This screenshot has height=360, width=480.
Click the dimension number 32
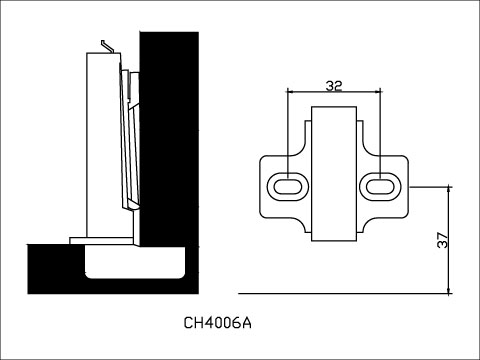pos(334,86)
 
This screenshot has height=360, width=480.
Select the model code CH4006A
pos(218,323)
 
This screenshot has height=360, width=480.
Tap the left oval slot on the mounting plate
pos(288,186)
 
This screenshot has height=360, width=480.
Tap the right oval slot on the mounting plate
pos(380,186)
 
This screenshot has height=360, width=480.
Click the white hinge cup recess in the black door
pos(136,263)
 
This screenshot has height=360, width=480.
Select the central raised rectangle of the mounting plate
pos(334,175)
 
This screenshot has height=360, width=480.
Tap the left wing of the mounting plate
pos(275,186)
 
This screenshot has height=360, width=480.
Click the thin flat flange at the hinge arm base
pos(100,241)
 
